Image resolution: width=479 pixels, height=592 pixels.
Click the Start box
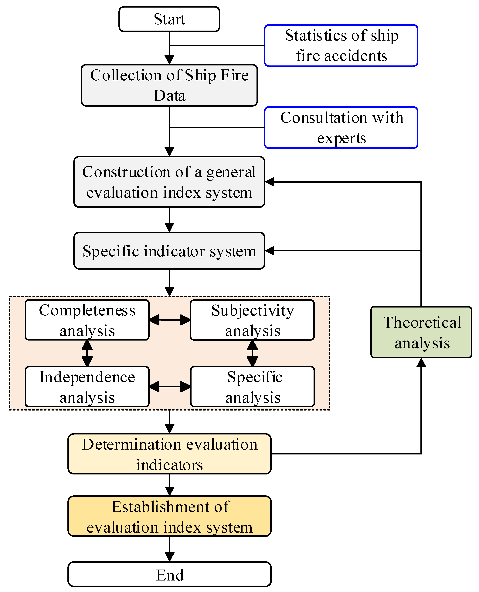pos(169,19)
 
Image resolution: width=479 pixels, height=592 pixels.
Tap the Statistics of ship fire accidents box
pos(341,45)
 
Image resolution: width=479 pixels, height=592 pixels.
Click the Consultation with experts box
pos(341,128)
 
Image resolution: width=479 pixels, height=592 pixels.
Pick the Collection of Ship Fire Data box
pos(169,85)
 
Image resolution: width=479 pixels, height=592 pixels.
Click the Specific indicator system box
pos(169,251)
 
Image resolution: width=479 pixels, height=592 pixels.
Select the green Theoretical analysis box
pos(421,332)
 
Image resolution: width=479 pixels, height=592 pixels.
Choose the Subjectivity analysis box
pos(252,320)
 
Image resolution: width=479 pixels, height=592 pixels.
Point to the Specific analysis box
pos(252,387)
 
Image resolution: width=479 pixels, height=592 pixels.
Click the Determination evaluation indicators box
pos(169,454)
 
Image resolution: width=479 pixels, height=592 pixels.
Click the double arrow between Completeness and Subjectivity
pos(170,320)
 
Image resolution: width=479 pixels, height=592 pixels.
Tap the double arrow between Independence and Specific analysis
pos(170,387)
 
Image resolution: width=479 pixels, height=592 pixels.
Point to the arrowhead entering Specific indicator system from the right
pos(270,251)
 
